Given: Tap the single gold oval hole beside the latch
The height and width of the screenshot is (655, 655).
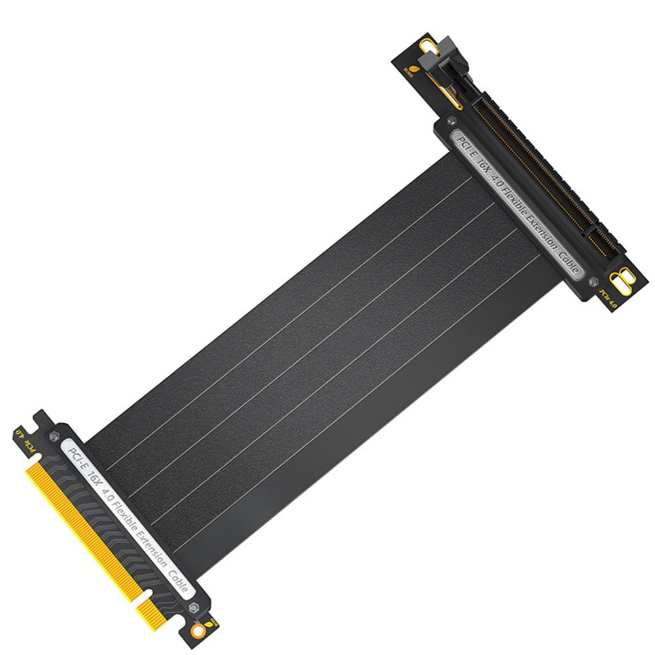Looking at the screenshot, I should point(429,47).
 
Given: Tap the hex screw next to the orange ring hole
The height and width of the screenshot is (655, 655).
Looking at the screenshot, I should point(193,608).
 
